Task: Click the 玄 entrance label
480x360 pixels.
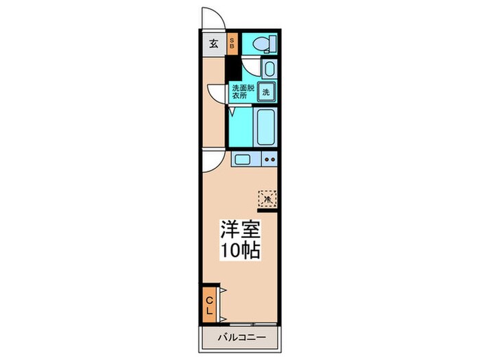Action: point(213,45)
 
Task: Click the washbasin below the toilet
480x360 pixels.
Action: point(269,69)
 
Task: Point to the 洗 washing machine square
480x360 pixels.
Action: point(265,91)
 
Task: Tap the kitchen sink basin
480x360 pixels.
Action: point(243,160)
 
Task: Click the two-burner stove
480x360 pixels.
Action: point(269,160)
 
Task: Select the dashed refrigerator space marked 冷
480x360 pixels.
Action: point(267,199)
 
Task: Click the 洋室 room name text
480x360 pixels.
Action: point(239,228)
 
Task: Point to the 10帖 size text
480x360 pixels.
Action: point(239,250)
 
